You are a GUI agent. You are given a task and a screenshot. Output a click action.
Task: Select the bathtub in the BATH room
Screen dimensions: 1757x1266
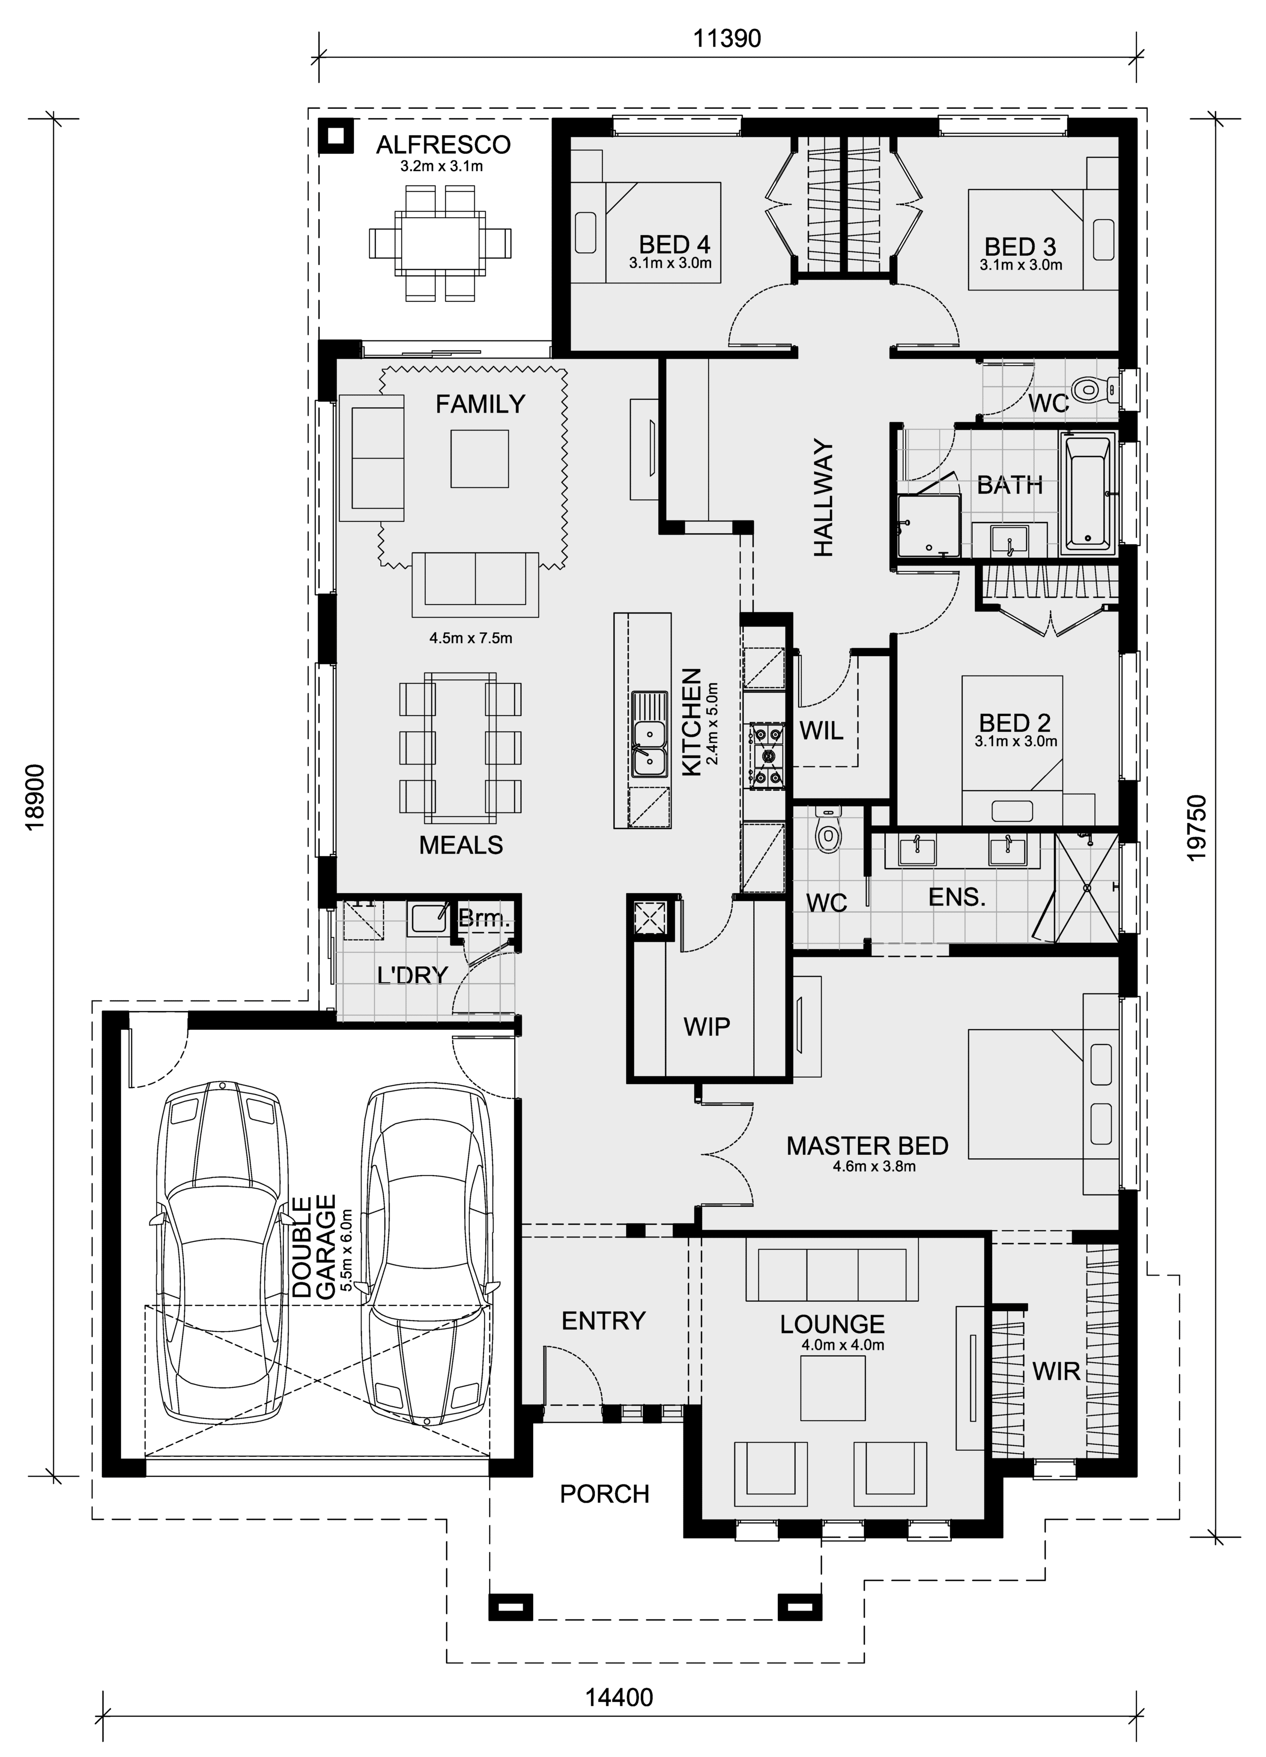[1088, 493]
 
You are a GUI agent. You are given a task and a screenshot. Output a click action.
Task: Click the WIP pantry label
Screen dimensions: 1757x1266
[706, 1027]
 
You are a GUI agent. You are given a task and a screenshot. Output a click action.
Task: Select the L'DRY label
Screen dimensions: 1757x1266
[413, 975]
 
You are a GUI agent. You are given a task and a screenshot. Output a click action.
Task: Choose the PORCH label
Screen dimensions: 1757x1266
[604, 1494]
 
